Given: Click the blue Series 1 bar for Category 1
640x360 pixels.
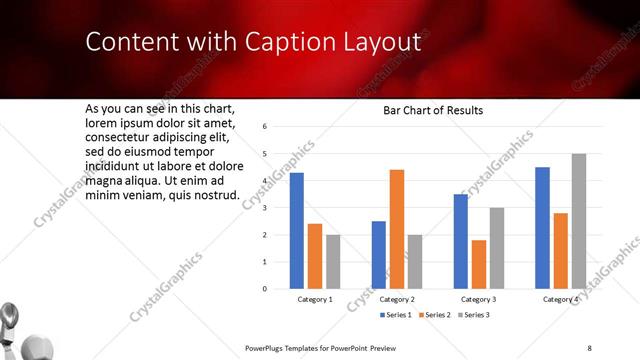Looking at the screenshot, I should click(297, 231).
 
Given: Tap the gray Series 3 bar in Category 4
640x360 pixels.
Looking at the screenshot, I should click(578, 221).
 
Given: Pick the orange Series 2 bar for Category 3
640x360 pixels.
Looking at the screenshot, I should click(479, 264).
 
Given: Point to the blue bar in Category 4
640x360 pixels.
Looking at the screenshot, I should click(543, 228).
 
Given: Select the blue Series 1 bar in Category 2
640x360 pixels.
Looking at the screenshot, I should click(379, 255).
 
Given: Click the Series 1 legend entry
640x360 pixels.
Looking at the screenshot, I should click(396, 315).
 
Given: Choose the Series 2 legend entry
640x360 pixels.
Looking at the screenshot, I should click(435, 315).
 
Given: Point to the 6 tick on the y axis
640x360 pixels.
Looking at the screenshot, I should click(264, 127).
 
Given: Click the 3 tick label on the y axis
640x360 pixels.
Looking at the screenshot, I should click(264, 208).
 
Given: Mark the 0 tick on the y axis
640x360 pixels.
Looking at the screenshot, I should click(264, 289).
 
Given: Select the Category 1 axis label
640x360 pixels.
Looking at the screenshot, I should click(315, 300).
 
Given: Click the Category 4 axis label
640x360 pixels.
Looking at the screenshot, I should click(560, 300).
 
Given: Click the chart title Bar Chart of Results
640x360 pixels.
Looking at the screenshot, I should click(433, 110).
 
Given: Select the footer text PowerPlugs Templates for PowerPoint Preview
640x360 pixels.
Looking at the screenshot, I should click(313, 347).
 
